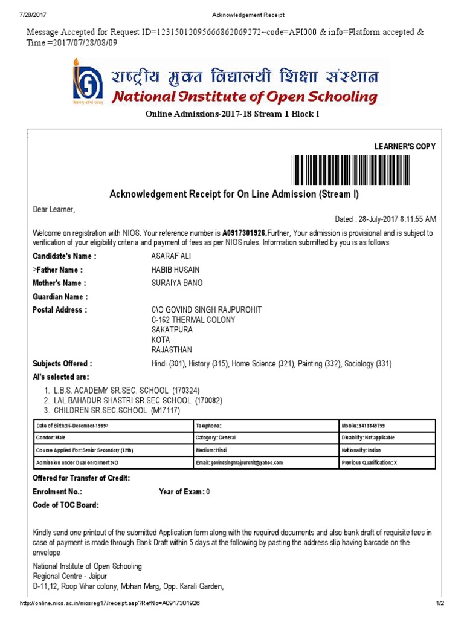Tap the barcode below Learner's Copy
[x=363, y=170]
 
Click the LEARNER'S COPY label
[x=405, y=146]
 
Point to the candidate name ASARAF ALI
[x=171, y=256]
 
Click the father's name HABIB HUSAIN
[x=175, y=270]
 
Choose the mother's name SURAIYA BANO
[x=177, y=283]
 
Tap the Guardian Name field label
[x=60, y=297]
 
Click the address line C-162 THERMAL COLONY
[x=193, y=320]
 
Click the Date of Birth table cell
[x=112, y=426]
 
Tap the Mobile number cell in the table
[x=387, y=426]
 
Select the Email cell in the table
[x=266, y=462]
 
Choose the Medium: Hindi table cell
[x=266, y=450]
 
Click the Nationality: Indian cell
[x=387, y=450]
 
